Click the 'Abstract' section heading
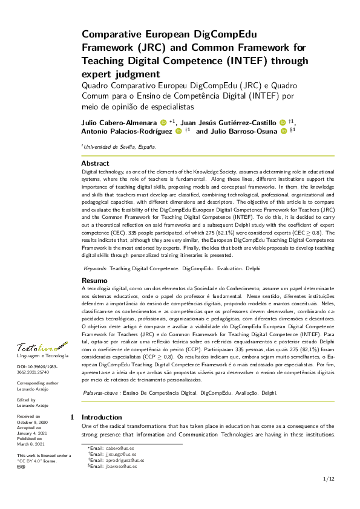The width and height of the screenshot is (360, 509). [95, 163]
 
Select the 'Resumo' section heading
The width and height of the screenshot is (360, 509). [94, 280]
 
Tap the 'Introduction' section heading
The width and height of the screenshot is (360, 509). [102, 417]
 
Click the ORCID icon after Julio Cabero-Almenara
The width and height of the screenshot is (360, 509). [163, 122]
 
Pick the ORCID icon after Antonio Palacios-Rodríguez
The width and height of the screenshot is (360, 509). [178, 131]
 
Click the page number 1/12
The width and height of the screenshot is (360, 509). [329, 479]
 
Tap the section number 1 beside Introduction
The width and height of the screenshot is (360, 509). [72, 417]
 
